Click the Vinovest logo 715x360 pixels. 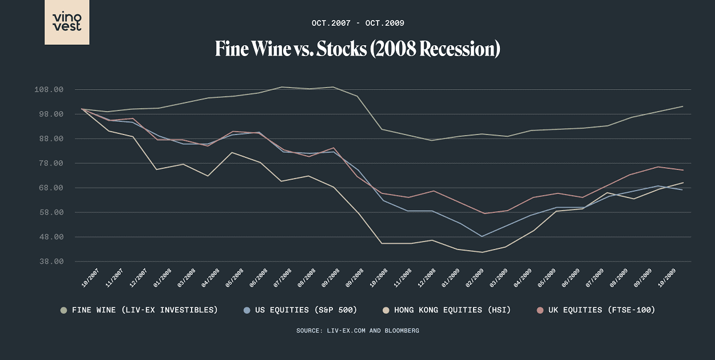(67, 22)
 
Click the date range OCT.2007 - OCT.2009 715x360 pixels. (357, 23)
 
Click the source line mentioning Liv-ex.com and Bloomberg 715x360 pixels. (357, 330)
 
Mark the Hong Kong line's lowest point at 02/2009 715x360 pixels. (482, 252)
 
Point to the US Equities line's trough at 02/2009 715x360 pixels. (482, 236)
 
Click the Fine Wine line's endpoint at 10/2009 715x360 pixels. (682, 106)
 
